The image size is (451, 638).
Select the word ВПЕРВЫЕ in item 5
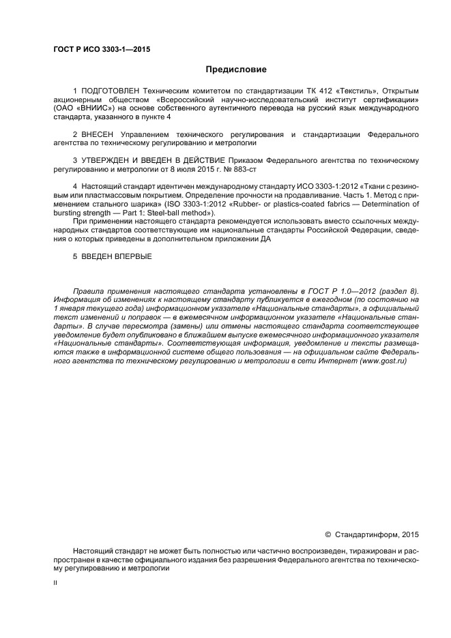(x=129, y=256)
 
